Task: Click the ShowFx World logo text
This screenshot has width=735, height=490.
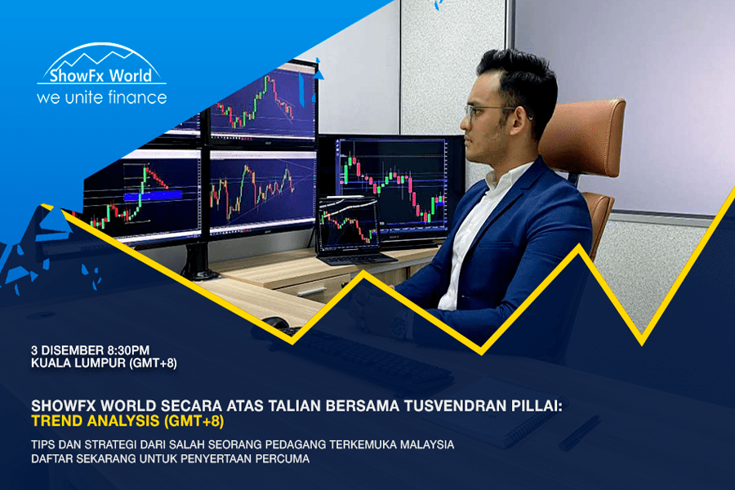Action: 100,75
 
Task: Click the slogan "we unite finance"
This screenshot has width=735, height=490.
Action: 102,97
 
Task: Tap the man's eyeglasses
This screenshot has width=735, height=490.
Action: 488,111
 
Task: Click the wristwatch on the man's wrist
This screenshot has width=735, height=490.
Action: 400,324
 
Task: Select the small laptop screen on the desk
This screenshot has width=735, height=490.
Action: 348,224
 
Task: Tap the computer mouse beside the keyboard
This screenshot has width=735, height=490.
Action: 276,324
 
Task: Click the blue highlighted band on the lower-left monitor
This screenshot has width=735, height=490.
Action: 153,195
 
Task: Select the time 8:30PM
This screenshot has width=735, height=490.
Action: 128,350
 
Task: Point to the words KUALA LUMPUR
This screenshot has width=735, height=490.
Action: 78,363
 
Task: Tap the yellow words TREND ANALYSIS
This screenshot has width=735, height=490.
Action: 96,421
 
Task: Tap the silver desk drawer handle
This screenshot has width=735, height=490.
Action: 311,292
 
